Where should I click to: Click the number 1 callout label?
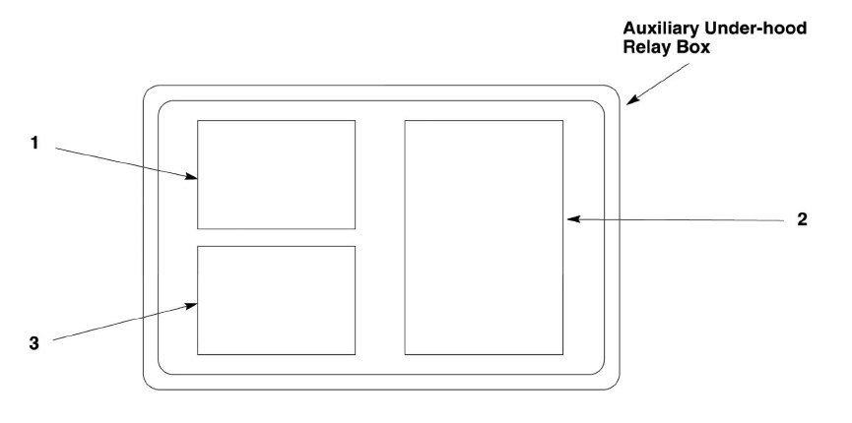coord(33,144)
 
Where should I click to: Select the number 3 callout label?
coord(33,343)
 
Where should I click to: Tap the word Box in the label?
coord(698,46)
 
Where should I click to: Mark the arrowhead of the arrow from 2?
coord(570,219)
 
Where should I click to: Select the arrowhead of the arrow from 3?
coord(194,306)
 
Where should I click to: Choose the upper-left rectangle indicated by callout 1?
coord(276,174)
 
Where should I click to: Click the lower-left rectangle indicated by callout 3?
coord(276,300)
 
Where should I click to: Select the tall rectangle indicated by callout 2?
coord(484,237)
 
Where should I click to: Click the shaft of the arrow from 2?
coord(680,219)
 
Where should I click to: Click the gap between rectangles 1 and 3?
coord(276,237)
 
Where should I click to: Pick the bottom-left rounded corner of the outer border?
coord(150,384)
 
